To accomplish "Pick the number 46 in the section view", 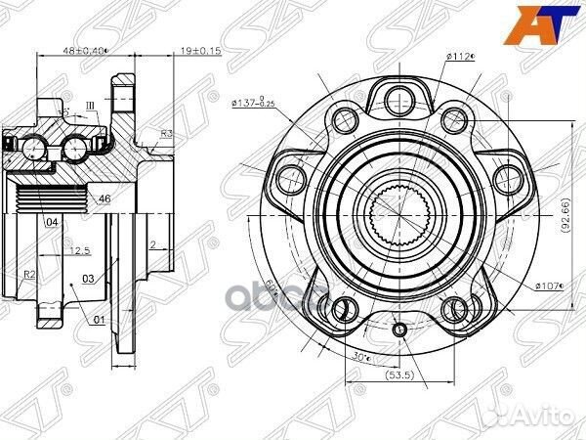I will (x=105, y=198).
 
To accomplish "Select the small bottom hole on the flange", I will (x=398, y=330).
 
